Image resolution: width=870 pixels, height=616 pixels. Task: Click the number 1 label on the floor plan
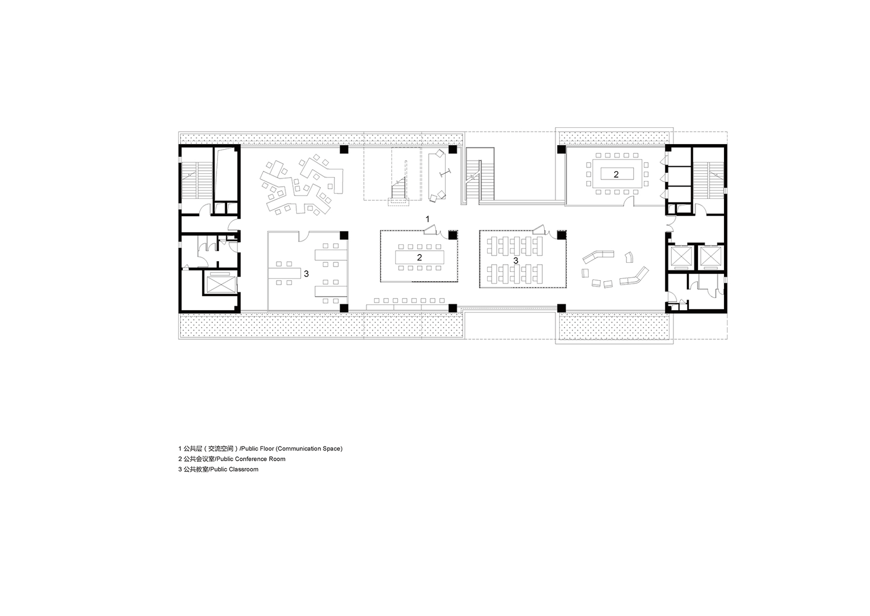428,219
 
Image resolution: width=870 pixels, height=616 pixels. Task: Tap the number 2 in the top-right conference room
616,175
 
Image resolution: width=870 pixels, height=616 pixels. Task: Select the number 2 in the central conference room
420,258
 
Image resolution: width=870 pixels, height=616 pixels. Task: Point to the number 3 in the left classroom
306,274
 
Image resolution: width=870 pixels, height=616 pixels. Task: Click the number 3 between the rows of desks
516,261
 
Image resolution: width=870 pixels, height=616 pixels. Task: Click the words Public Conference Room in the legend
251,459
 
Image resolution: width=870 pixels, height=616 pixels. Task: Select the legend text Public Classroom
234,469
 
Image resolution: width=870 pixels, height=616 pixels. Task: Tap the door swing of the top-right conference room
629,201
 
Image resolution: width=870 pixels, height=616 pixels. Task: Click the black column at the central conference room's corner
453,235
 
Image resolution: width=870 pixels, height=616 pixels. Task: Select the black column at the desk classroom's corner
561,235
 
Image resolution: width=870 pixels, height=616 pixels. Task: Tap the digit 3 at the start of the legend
180,469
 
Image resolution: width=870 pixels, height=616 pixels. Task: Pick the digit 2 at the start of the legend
180,459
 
